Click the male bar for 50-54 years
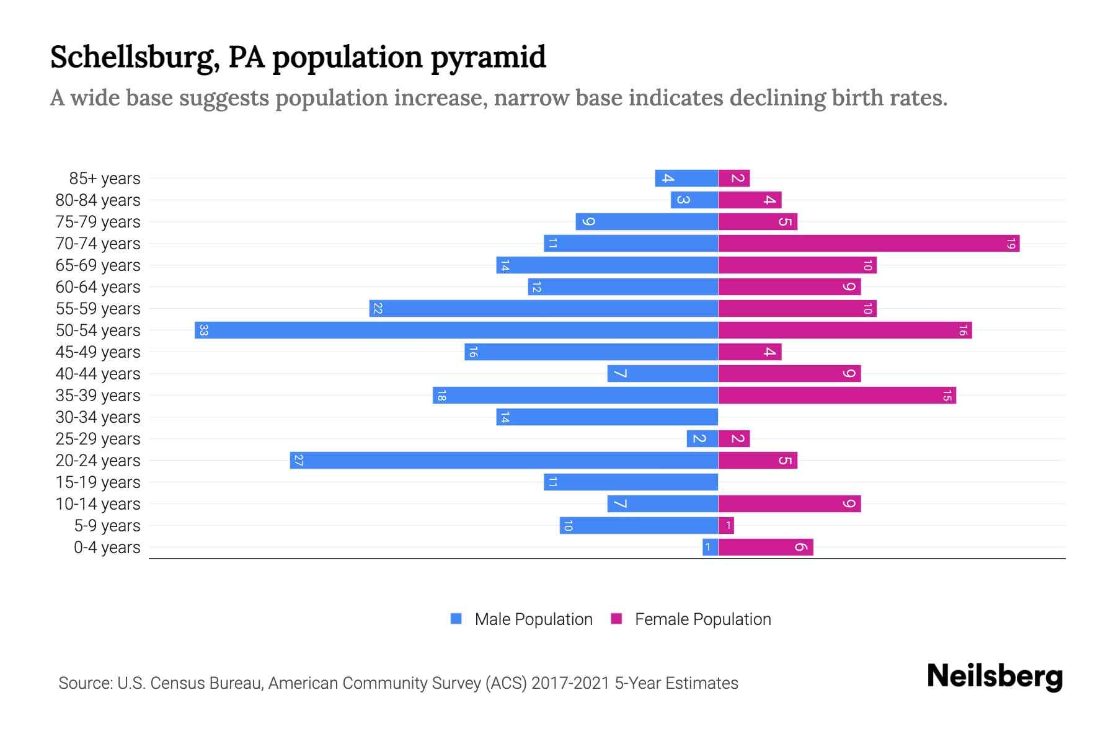456,330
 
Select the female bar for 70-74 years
868,243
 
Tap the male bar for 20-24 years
503,460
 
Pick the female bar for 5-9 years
726,526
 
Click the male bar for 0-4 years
710,547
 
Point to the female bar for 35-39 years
837,395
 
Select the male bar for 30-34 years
607,417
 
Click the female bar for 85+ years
734,178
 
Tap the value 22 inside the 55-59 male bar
378,308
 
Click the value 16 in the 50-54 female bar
962,330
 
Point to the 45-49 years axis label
98,352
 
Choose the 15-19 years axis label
98,482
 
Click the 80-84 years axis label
98,200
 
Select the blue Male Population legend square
456,619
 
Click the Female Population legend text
702,619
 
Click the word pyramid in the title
488,57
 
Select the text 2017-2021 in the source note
570,683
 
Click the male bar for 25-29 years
702,438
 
